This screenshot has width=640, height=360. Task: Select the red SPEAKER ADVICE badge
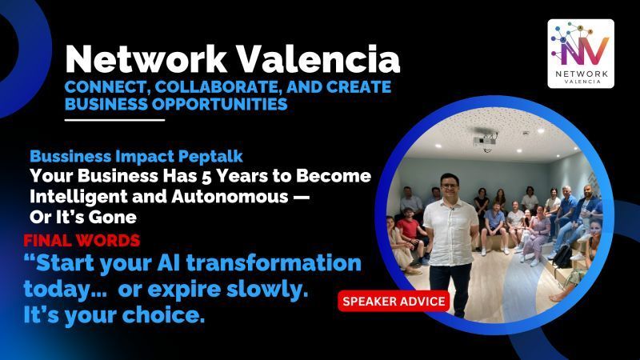point(394,302)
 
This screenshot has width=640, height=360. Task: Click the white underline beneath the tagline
point(114,120)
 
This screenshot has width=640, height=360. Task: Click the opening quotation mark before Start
point(30,260)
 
